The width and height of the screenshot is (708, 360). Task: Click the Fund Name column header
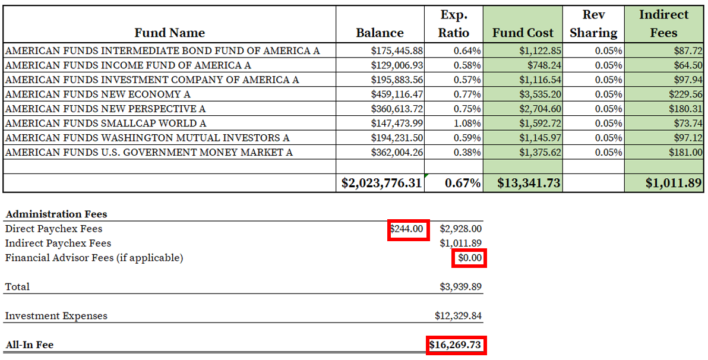[x=169, y=33]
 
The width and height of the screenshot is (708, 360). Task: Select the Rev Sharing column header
[x=593, y=24]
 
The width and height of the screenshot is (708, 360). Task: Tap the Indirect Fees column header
[x=663, y=24]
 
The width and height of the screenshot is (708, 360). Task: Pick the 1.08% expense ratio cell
[x=467, y=124]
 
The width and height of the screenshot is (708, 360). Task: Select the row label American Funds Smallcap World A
[x=106, y=124]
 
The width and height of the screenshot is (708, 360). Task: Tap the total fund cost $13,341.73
[x=529, y=183]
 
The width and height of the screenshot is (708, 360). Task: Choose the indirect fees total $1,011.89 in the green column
[x=674, y=183]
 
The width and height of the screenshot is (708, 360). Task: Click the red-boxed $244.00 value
[x=408, y=229]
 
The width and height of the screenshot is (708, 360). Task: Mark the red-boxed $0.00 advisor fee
[x=470, y=258]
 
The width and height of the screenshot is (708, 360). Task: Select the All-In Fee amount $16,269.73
[x=457, y=345]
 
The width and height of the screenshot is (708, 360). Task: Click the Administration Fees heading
[x=56, y=214]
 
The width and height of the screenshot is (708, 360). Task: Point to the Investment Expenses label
[x=56, y=316]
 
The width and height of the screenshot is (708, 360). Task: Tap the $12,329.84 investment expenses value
[x=458, y=316]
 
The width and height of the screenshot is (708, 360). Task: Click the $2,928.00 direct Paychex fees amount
[x=460, y=229]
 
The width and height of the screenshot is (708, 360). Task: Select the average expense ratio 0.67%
[x=463, y=183]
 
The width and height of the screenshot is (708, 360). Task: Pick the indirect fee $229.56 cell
[x=684, y=94]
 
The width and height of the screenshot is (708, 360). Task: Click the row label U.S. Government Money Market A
[x=149, y=153]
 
